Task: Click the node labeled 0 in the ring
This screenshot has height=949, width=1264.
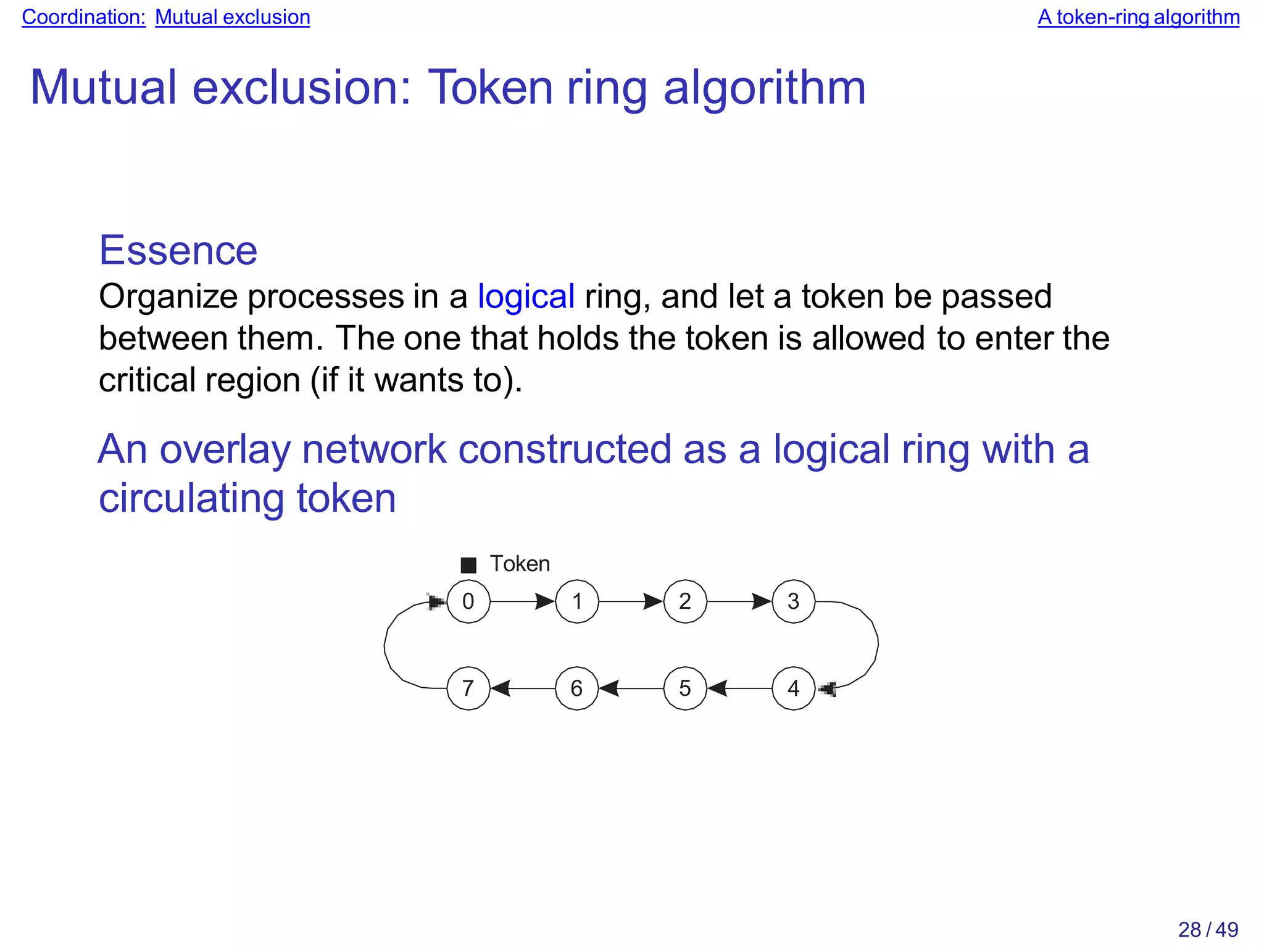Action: pyautogui.click(x=468, y=601)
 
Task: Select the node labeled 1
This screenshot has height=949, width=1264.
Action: pyautogui.click(x=576, y=601)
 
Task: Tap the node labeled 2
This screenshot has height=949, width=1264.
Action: pyautogui.click(x=685, y=601)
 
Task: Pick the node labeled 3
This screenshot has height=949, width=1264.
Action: pyautogui.click(x=794, y=601)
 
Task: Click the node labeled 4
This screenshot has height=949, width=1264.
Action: pyautogui.click(x=794, y=688)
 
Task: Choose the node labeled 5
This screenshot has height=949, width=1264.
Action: pyautogui.click(x=685, y=688)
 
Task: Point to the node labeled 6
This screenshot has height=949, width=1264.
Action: pyautogui.click(x=576, y=688)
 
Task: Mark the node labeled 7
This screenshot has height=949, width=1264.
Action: pyautogui.click(x=468, y=688)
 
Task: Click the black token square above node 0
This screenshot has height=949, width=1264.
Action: pyautogui.click(x=468, y=565)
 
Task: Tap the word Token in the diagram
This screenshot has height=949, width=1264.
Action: pyautogui.click(x=520, y=564)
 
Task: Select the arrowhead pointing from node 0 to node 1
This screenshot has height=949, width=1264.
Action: pyautogui.click(x=544, y=601)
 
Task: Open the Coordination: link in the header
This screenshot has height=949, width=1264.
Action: pyautogui.click(x=83, y=17)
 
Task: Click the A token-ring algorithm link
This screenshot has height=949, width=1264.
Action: pyautogui.click(x=1138, y=17)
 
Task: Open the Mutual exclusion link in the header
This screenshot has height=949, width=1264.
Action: pyautogui.click(x=232, y=17)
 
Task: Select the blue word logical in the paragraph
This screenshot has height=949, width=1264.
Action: pyautogui.click(x=526, y=297)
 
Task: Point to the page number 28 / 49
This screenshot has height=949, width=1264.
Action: pyautogui.click(x=1208, y=929)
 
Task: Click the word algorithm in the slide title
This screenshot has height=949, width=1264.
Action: pyautogui.click(x=765, y=88)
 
